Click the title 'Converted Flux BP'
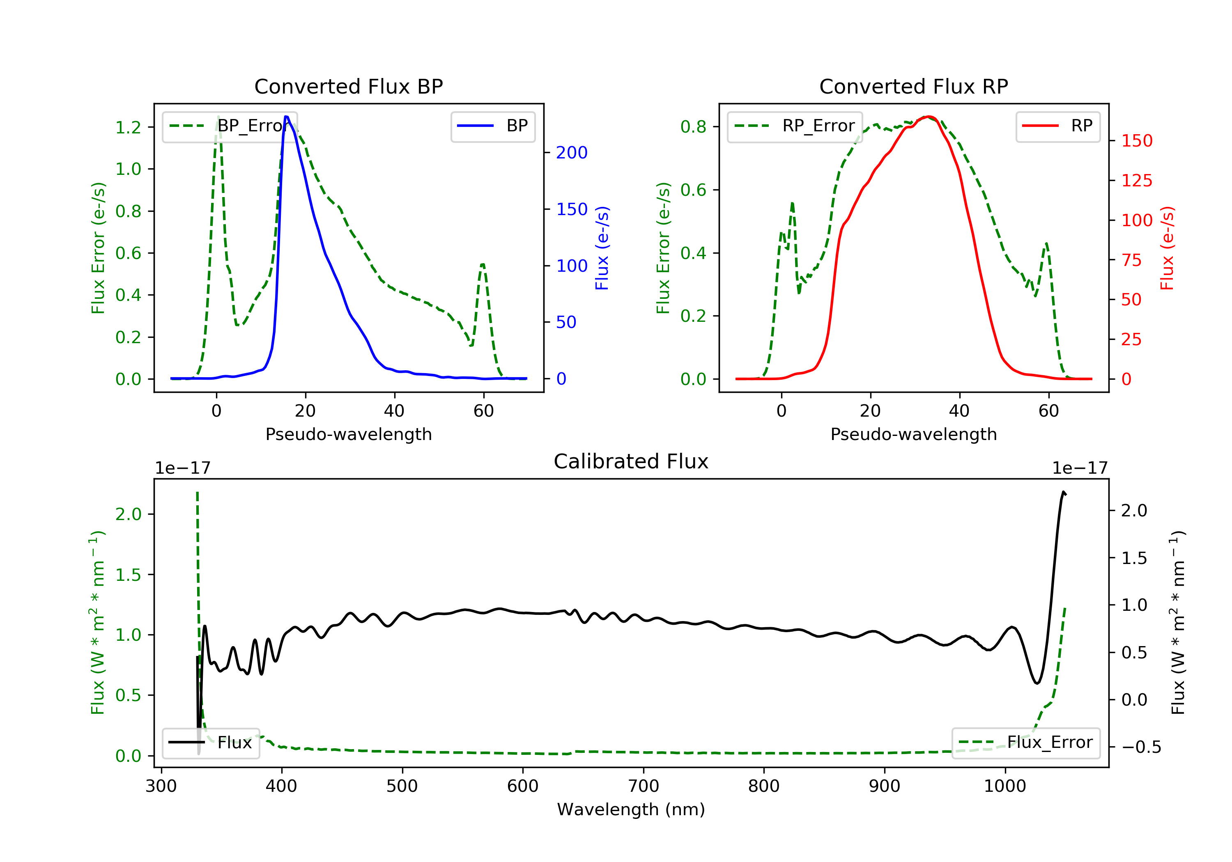click(348, 86)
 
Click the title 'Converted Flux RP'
click(913, 86)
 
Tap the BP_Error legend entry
click(230, 126)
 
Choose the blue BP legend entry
click(492, 126)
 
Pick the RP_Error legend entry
click(795, 126)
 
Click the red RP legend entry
click(1057, 126)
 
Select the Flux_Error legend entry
click(1025, 743)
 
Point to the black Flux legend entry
click(210, 743)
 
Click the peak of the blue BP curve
click(287, 117)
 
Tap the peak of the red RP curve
click(929, 117)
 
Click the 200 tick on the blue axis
click(572, 153)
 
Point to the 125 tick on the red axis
click(1136, 181)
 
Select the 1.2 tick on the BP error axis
click(128, 127)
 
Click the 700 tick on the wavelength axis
click(644, 786)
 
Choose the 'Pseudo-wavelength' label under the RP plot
click(913, 434)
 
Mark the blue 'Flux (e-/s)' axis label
click(602, 248)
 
